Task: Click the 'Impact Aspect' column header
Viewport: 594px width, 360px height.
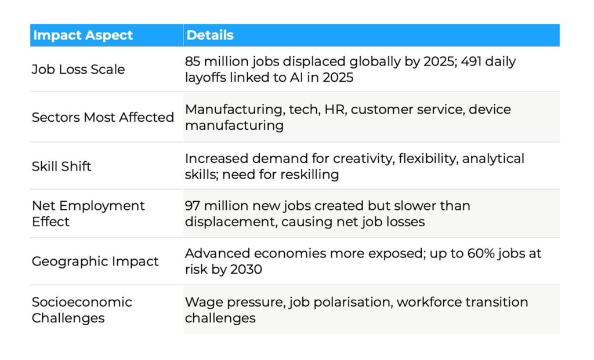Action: click(x=83, y=35)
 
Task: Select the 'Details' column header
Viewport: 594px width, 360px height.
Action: click(x=210, y=35)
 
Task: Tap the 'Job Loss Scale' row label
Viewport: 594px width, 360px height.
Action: click(x=78, y=69)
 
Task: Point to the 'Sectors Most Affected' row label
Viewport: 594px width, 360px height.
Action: click(x=103, y=117)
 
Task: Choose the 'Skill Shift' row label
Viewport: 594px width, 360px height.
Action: click(x=61, y=166)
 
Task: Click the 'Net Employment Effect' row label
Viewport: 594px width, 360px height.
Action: click(x=88, y=213)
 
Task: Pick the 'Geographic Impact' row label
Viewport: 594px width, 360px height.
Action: click(x=95, y=261)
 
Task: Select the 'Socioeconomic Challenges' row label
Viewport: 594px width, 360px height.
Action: click(x=82, y=310)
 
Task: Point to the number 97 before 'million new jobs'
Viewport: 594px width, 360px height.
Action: click(x=192, y=206)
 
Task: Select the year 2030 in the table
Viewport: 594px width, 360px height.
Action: click(x=246, y=269)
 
